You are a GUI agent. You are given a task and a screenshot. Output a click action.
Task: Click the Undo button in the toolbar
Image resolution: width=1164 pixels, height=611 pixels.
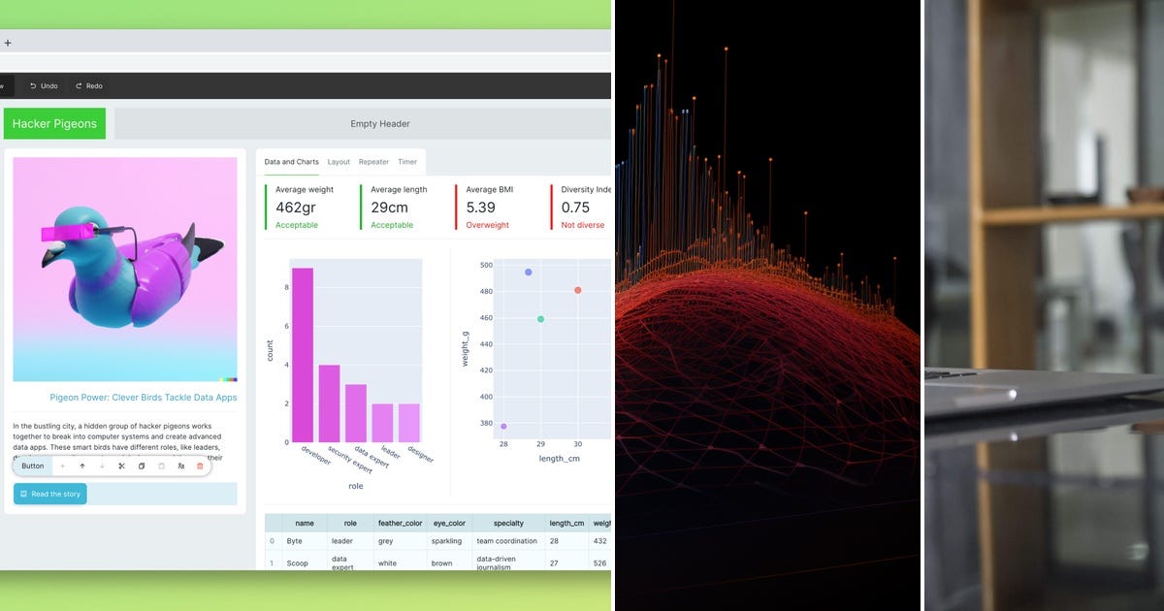pos(45,85)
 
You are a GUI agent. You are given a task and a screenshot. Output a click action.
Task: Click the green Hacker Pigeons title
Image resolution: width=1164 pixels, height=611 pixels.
pos(54,123)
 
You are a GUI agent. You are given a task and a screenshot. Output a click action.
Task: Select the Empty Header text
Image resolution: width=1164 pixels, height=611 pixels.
pos(380,123)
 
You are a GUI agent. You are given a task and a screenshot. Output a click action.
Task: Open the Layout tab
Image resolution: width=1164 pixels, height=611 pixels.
pos(339,162)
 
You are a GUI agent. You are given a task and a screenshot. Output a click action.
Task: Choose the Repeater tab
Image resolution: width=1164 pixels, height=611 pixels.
pos(373,162)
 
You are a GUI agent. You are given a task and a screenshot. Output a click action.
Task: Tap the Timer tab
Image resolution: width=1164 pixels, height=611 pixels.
pos(407,162)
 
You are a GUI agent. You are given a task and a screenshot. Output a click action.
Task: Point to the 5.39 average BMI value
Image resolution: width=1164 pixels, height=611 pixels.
pos(480,208)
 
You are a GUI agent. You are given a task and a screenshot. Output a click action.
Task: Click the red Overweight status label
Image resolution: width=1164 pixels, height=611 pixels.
pos(487,225)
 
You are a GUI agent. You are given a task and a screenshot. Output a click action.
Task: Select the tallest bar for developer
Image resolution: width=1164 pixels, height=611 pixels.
pos(303,354)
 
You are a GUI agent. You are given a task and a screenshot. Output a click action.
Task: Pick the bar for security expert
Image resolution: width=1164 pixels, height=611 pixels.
pos(330,402)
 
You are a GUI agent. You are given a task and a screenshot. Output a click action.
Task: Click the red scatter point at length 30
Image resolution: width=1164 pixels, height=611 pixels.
pos(578,290)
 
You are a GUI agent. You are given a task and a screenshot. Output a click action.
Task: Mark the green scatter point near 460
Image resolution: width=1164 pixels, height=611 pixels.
pos(540,319)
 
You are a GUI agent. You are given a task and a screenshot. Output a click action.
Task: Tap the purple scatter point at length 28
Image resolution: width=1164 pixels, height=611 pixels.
pos(503,426)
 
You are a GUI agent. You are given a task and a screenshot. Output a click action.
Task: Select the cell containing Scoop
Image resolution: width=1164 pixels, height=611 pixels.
pos(297,563)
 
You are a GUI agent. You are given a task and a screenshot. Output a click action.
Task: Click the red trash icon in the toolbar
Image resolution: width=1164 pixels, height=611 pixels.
pos(200,466)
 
